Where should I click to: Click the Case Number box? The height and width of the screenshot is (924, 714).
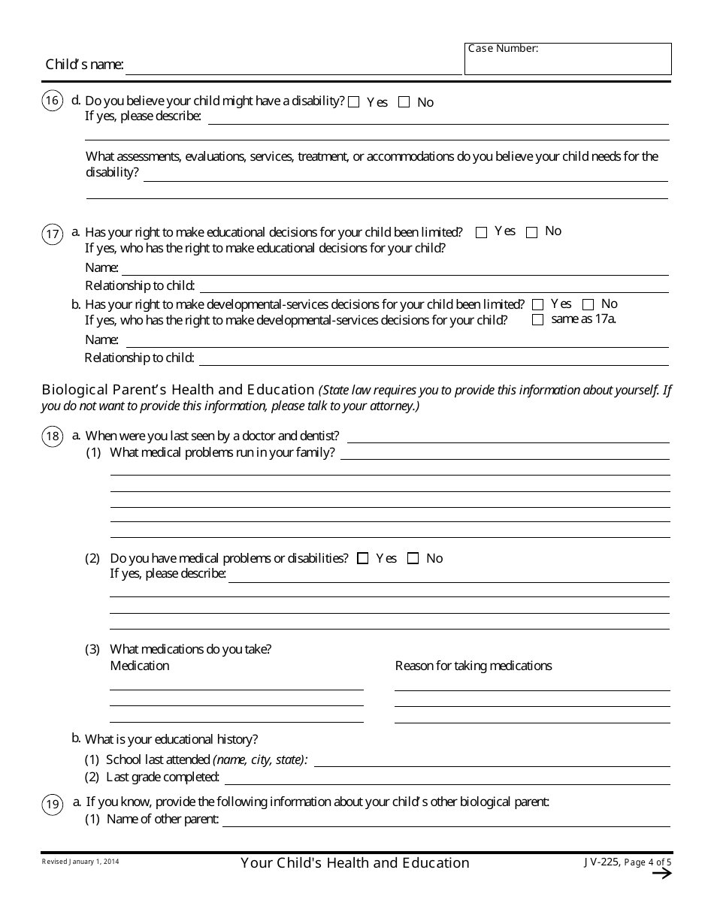pyautogui.click(x=567, y=59)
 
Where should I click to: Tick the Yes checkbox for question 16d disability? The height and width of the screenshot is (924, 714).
pyautogui.click(x=354, y=102)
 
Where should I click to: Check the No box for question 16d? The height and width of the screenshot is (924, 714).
pyautogui.click(x=404, y=102)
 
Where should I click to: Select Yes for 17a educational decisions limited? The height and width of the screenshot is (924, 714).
pyautogui.click(x=482, y=232)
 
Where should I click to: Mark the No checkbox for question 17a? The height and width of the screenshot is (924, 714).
pyautogui.click(x=532, y=232)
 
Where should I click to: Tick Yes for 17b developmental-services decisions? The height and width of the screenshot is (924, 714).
pyautogui.click(x=537, y=305)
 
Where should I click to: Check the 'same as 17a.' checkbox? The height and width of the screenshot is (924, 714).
pyautogui.click(x=537, y=320)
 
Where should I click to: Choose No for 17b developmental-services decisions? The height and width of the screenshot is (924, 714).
pyautogui.click(x=588, y=305)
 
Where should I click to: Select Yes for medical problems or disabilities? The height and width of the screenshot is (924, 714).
pyautogui.click(x=363, y=558)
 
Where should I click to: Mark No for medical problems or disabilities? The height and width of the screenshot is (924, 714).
pyautogui.click(x=413, y=558)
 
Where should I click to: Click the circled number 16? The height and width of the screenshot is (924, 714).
pyautogui.click(x=53, y=102)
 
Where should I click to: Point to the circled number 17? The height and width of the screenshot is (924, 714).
pyautogui.click(x=53, y=234)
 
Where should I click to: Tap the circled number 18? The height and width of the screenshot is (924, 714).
pyautogui.click(x=53, y=437)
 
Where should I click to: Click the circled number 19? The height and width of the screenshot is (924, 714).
pyautogui.click(x=53, y=805)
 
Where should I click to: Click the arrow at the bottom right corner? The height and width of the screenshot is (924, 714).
pyautogui.click(x=661, y=873)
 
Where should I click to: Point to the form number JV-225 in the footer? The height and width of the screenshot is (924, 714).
pyautogui.click(x=601, y=862)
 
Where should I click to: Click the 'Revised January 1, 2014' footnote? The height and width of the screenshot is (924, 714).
pyautogui.click(x=80, y=862)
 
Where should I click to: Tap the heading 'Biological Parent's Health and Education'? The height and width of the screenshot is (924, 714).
pyautogui.click(x=178, y=390)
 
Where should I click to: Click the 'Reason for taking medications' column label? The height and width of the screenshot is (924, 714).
pyautogui.click(x=473, y=666)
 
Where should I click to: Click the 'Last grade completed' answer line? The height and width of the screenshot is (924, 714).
pyautogui.click(x=447, y=778)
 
